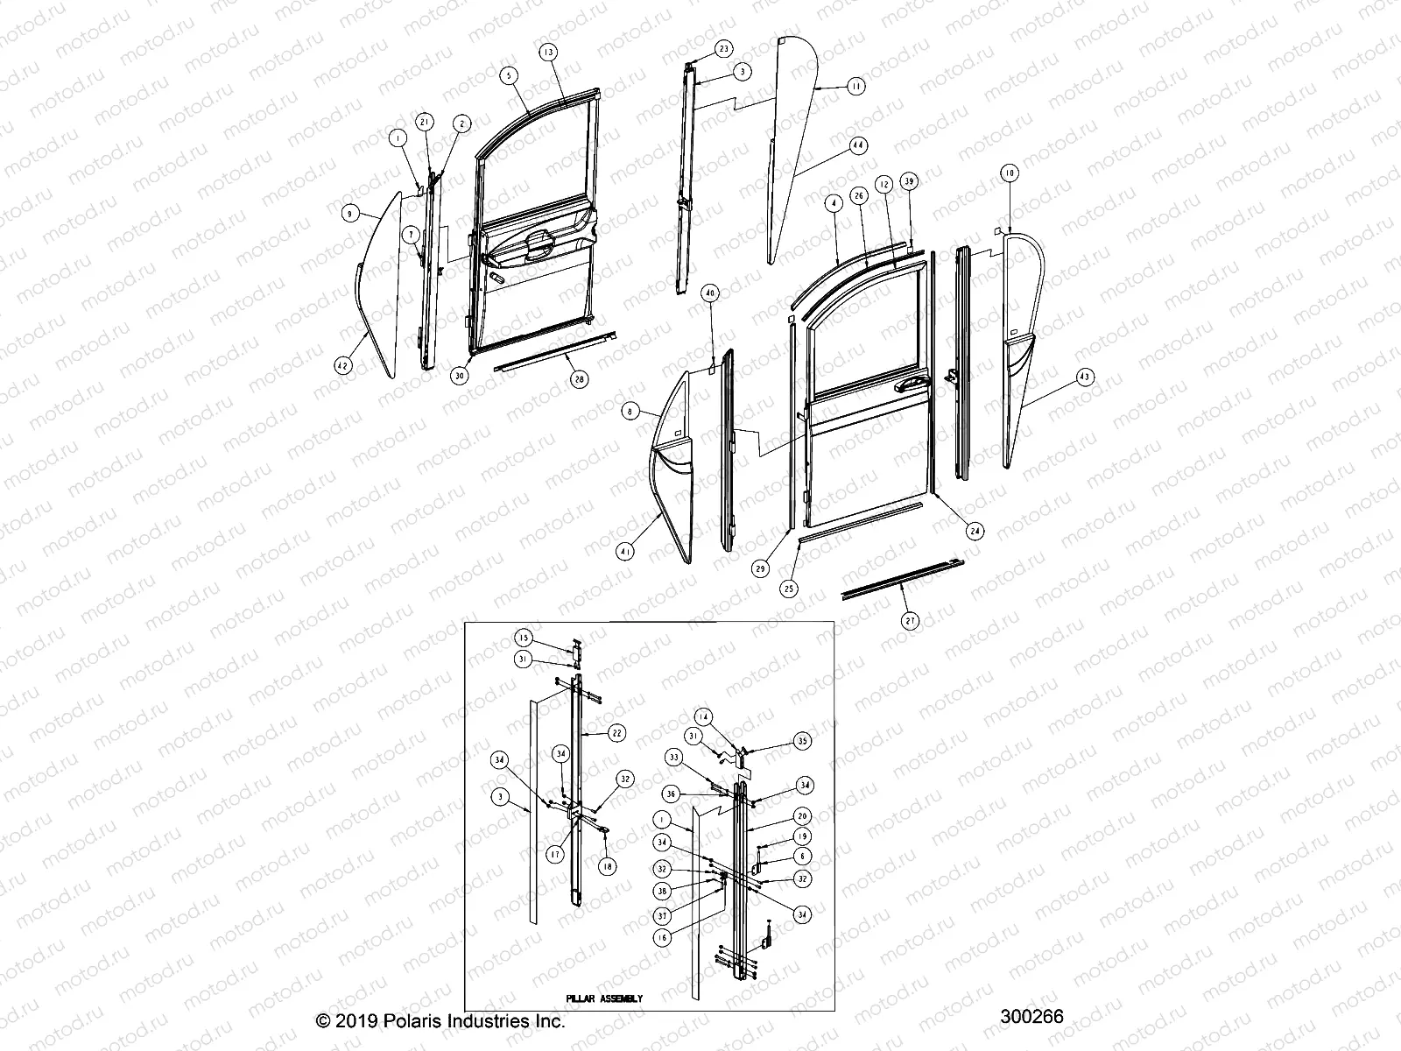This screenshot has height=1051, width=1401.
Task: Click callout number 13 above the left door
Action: (x=548, y=53)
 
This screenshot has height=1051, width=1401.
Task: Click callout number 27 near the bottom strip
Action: (x=911, y=621)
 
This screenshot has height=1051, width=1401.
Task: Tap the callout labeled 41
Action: (x=625, y=552)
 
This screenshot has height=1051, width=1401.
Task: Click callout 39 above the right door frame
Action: (x=910, y=181)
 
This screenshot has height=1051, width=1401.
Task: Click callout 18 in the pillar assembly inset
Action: (x=606, y=866)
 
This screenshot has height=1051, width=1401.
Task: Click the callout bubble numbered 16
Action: (x=663, y=938)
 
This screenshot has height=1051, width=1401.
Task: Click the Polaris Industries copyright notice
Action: (x=440, y=1021)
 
